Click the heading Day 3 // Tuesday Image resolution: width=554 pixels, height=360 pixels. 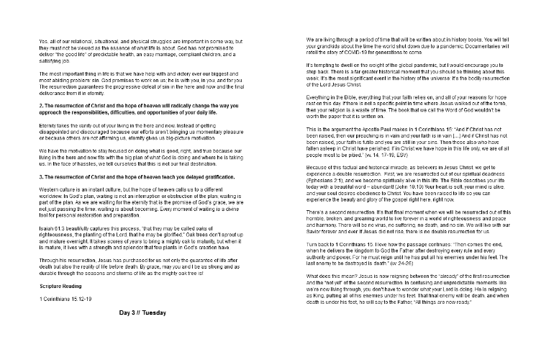(x=147, y=333)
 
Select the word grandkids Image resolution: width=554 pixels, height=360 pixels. (x=329, y=47)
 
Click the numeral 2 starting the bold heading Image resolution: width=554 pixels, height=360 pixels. (x=40, y=106)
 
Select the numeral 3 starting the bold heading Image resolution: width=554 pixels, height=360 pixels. (x=40, y=176)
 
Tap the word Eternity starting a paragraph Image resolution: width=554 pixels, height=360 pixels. (x=49, y=125)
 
